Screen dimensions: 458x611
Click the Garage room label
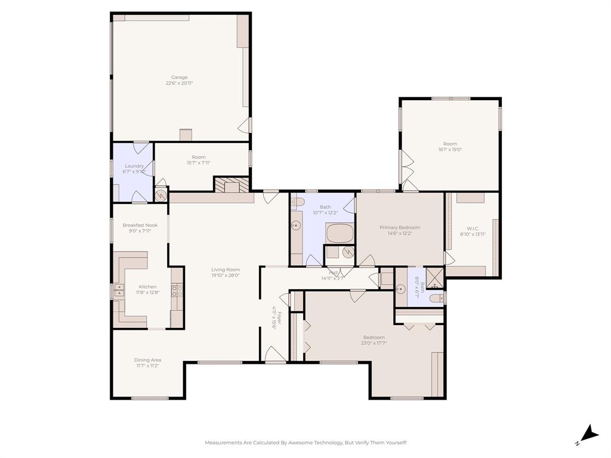tap(179, 77)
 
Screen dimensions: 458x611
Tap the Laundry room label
tap(134, 166)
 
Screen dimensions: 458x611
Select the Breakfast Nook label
tap(140, 225)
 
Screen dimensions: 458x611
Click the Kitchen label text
tap(147, 286)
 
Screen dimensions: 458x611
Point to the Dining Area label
tap(147, 360)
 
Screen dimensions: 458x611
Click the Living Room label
tap(226, 269)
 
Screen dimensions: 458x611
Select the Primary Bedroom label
tap(400, 227)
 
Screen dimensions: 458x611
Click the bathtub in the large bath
tap(340, 233)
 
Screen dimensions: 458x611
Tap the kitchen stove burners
tap(177, 291)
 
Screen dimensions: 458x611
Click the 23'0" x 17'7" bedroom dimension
tap(374, 343)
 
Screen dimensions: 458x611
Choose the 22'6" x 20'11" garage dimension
tap(179, 83)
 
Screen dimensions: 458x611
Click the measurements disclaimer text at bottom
tap(305, 442)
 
